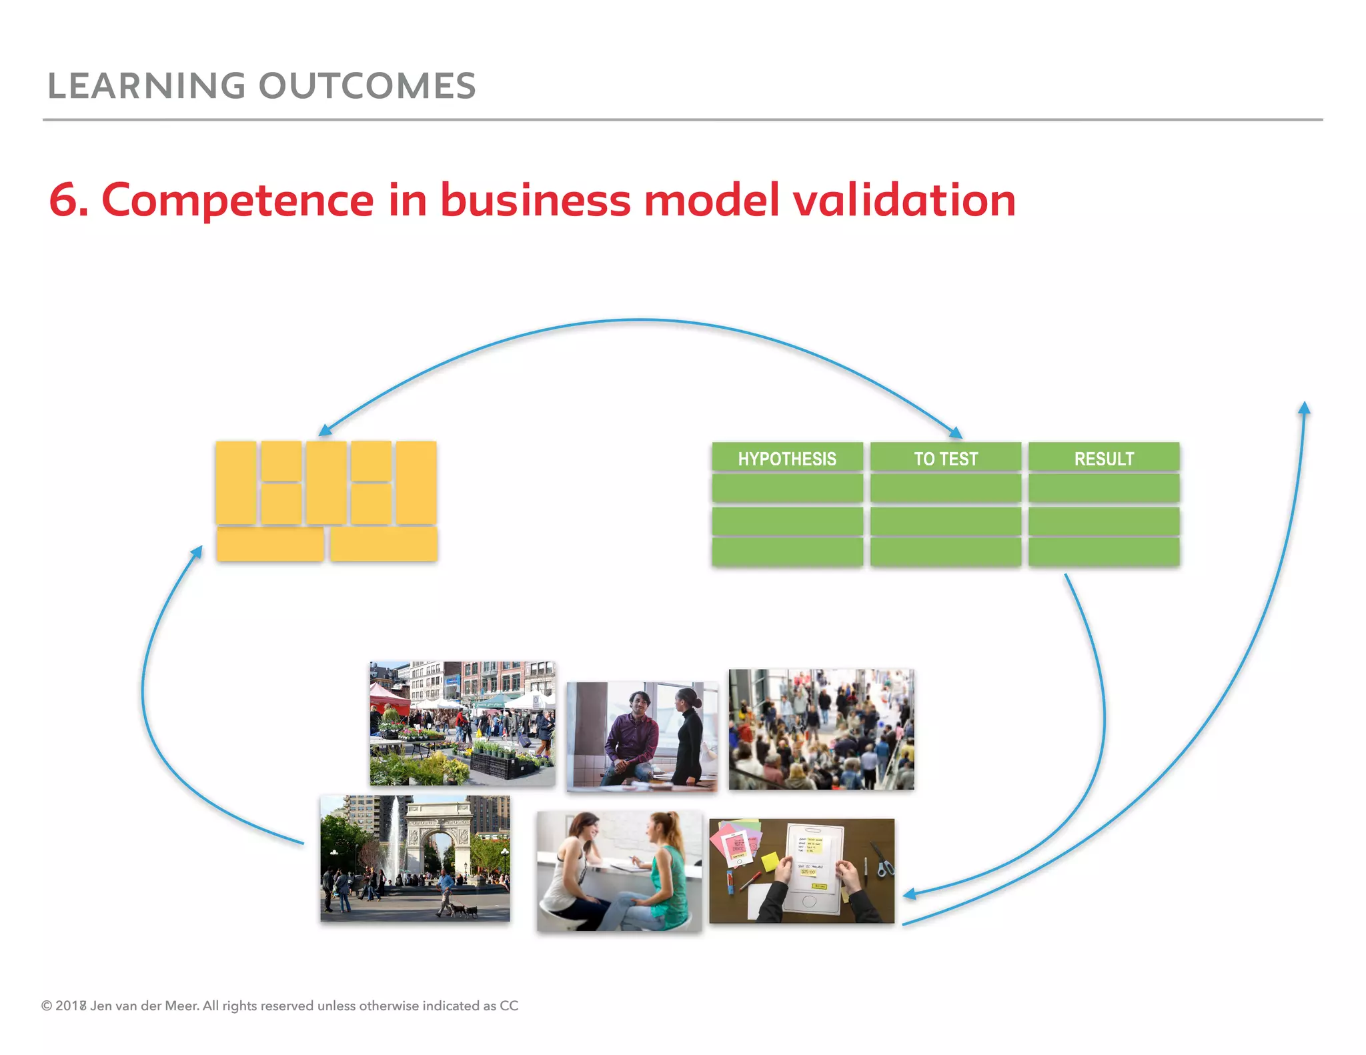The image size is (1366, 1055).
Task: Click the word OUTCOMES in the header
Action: coord(367,86)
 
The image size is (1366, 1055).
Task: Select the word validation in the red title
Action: coord(904,200)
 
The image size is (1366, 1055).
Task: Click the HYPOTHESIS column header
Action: coord(787,459)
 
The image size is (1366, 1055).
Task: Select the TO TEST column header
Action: coord(945,459)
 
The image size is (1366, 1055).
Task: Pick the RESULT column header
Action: coord(1104,459)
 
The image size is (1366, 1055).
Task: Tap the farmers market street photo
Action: coord(462,724)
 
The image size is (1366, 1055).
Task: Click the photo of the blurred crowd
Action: coord(821,730)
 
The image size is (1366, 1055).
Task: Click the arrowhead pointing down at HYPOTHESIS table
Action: coord(956,433)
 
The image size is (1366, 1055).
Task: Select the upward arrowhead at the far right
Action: coord(1305,407)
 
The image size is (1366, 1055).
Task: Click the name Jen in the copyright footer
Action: coord(101,1006)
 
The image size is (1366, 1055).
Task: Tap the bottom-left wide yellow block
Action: coord(270,544)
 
